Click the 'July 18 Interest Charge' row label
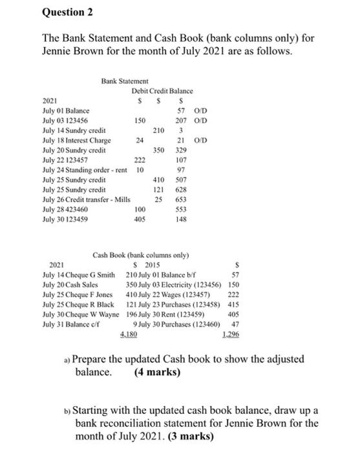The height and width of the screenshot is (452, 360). click(x=76, y=140)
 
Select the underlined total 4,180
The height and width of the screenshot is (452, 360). click(x=129, y=335)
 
